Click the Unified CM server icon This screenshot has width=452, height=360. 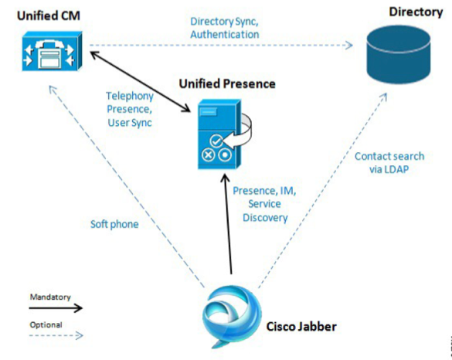(53, 51)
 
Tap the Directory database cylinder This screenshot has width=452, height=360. (399, 54)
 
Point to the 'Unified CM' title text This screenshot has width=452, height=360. (49, 15)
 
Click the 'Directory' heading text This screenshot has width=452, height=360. (416, 12)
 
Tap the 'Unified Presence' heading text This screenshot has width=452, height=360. (227, 84)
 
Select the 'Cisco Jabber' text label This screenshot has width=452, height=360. (301, 327)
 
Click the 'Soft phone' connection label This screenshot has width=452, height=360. (114, 224)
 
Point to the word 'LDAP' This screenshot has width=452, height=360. (397, 169)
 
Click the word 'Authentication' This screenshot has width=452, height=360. (225, 34)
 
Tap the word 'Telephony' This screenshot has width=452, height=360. (130, 97)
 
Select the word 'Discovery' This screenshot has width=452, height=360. (265, 218)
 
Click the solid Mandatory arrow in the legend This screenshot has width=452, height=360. (56, 308)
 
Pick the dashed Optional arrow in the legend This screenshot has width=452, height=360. (56, 335)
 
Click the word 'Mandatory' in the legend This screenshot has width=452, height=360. (50, 297)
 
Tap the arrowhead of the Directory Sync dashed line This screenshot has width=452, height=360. (349, 46)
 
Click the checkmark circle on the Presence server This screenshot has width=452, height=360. (216, 141)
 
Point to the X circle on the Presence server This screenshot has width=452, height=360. (208, 155)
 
